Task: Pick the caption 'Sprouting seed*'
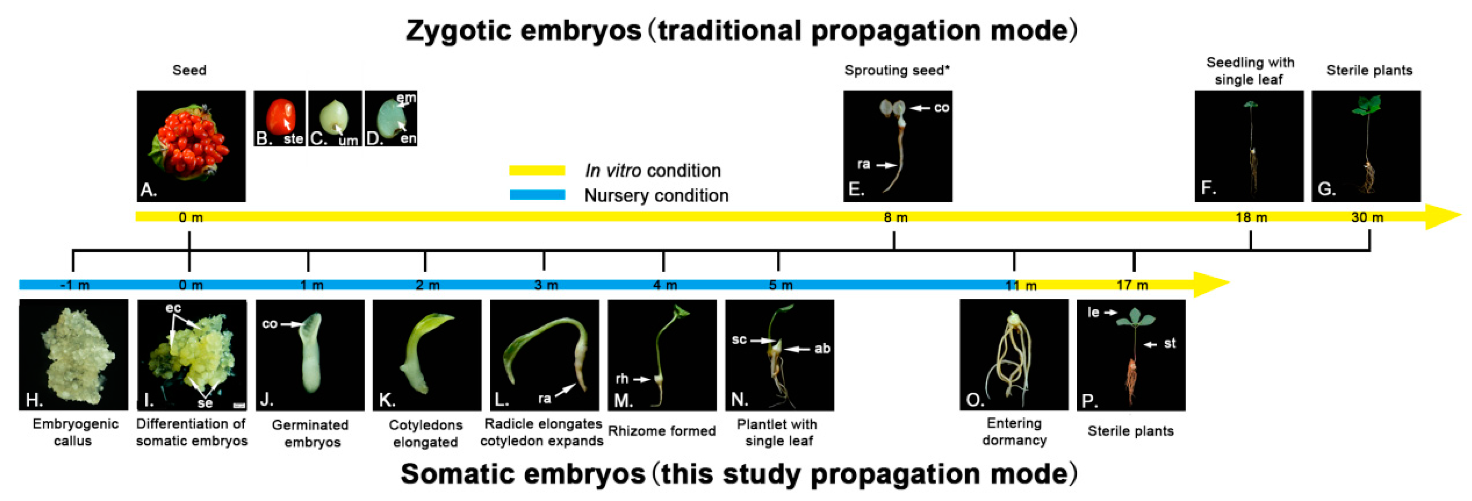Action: point(896,70)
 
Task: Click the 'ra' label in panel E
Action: point(863,164)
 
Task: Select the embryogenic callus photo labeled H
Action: point(73,354)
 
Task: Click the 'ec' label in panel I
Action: point(173,308)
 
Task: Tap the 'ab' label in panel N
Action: point(822,349)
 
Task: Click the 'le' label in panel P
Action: point(1093,313)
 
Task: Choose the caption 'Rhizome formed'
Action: point(662,431)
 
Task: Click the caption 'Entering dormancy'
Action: point(1014,431)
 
